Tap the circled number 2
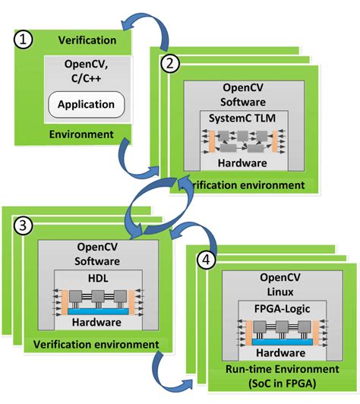(x=172, y=64)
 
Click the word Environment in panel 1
(x=74, y=135)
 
